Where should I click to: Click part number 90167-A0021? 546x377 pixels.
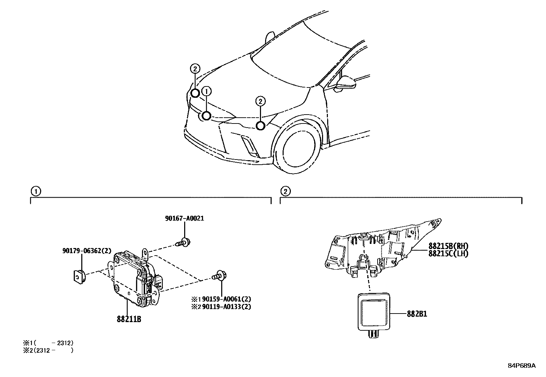click(184, 218)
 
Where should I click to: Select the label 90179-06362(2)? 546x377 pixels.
click(87, 251)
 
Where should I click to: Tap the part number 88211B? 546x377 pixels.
click(129, 319)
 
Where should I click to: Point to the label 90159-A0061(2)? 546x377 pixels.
click(226, 299)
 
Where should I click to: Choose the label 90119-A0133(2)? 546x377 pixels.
click(226, 307)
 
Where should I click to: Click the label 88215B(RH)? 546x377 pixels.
click(448, 246)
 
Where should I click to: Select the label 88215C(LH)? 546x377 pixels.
click(448, 254)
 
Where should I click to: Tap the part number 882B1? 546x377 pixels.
click(417, 314)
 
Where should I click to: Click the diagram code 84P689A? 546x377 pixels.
click(521, 366)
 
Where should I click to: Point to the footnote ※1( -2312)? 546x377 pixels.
click(48, 343)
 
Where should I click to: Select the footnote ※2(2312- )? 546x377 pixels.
click(48, 350)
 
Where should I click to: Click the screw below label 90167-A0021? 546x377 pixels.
click(183, 242)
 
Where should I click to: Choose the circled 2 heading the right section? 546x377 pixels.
click(285, 191)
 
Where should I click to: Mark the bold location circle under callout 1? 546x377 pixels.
click(206, 116)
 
